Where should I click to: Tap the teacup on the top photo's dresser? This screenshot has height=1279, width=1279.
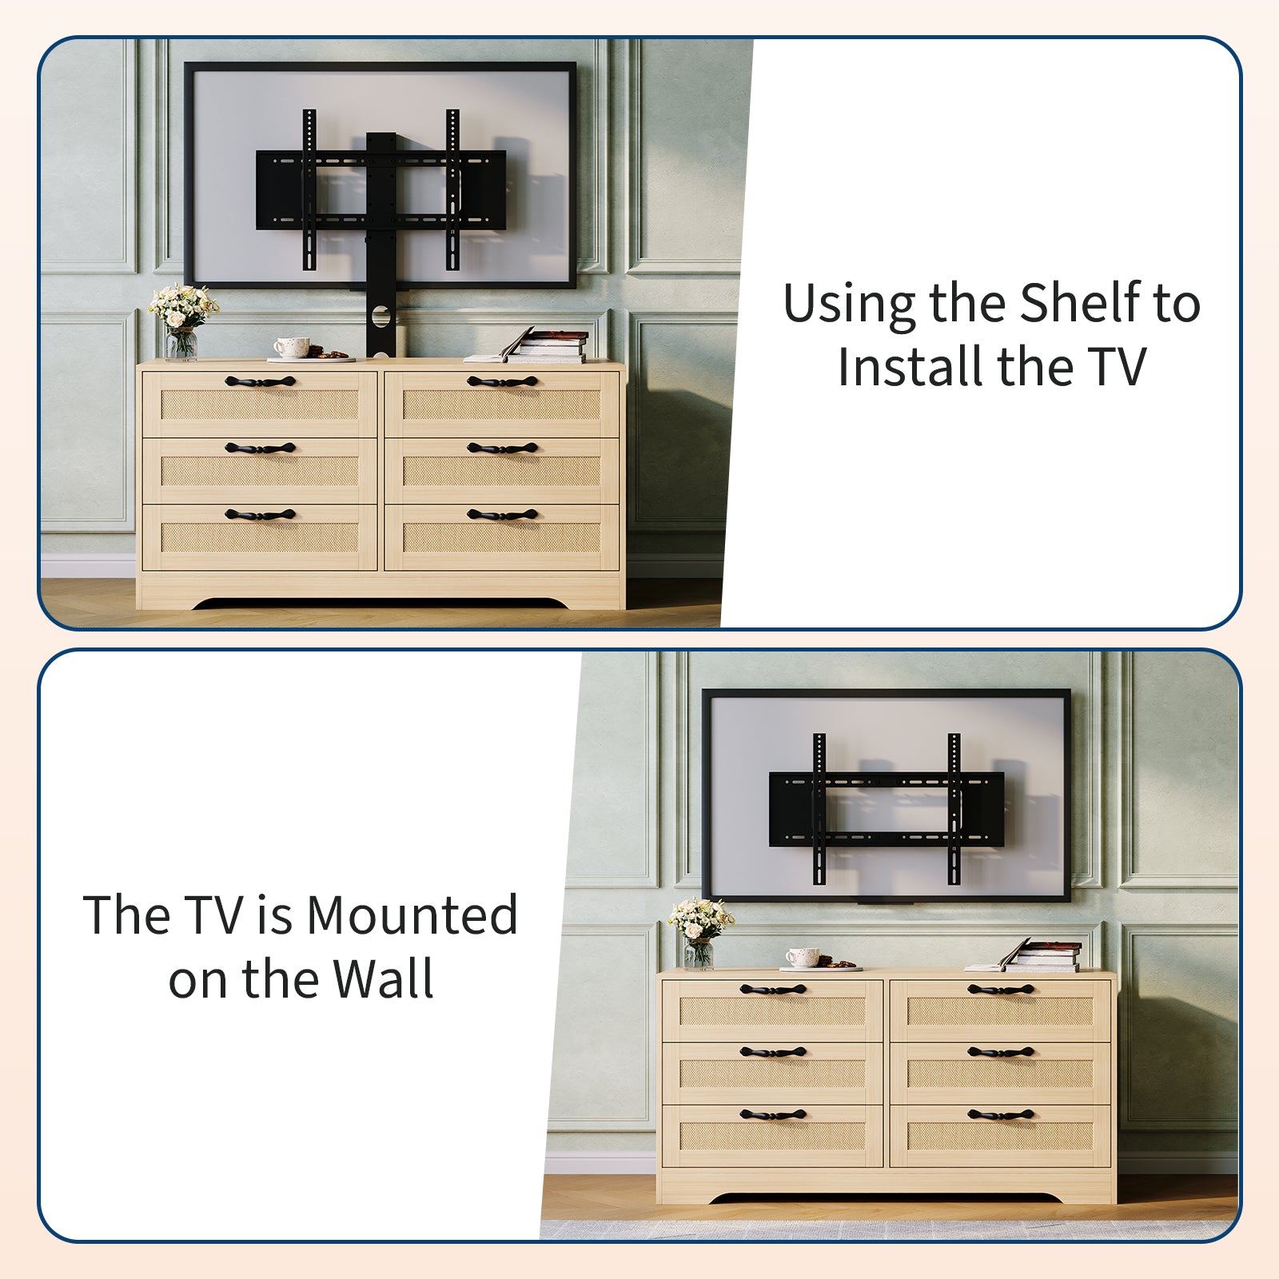[x=292, y=347]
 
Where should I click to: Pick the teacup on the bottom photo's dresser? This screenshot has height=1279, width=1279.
[x=802, y=957]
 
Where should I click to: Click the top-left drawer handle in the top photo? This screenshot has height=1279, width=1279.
[x=260, y=381]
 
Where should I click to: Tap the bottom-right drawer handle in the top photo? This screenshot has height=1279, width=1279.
[x=502, y=515]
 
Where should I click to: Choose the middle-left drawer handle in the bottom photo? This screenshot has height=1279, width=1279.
[x=773, y=1052]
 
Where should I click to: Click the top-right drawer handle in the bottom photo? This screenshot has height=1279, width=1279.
[x=1000, y=990]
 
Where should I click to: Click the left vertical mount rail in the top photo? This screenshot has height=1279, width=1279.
[x=309, y=189]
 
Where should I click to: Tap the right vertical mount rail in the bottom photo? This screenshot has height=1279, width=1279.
[x=954, y=809]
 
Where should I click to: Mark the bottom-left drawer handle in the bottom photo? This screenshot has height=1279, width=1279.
[x=773, y=1114]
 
